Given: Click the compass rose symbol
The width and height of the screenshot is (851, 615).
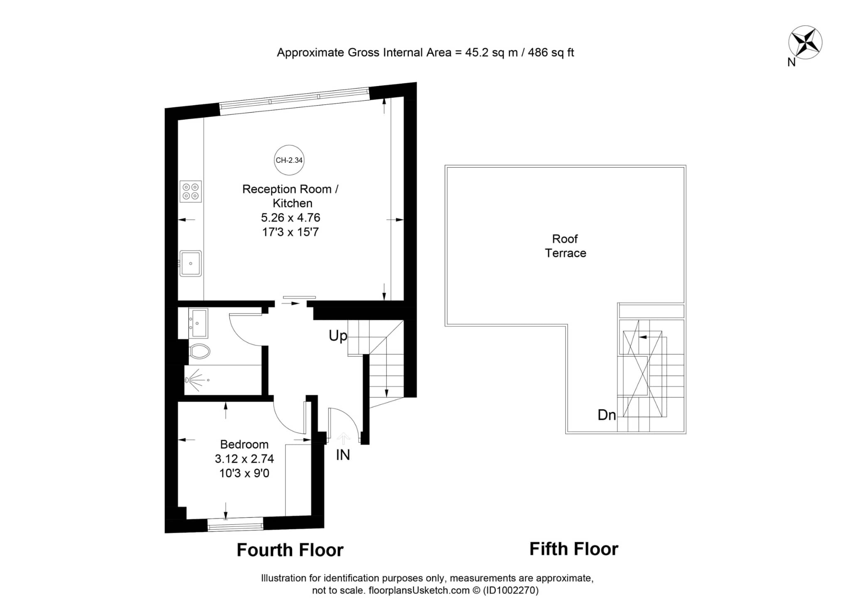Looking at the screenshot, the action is (805, 42).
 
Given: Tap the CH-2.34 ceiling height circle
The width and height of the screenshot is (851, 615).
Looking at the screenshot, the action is (289, 160).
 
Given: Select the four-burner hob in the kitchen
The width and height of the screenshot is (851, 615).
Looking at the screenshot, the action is (191, 191).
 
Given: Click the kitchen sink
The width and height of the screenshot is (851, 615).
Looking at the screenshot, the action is (191, 263).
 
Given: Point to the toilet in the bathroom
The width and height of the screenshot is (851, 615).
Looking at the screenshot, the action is (199, 351).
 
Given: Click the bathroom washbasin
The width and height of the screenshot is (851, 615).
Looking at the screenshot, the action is (199, 323).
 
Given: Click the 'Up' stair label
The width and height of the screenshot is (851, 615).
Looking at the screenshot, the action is (338, 336).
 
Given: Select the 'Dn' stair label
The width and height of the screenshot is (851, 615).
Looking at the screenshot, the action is (607, 415).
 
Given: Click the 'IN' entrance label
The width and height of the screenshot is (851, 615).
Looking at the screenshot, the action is (343, 455).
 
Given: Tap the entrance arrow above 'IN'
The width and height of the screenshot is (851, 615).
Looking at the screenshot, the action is (343, 439).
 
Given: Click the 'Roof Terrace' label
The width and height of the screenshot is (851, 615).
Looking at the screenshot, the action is (566, 246).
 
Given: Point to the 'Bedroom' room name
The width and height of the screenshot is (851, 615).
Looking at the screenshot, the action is (244, 444).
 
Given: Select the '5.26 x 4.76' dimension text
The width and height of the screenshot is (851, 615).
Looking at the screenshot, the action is (290, 218).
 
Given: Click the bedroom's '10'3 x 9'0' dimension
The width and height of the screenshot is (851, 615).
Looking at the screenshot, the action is (244, 473).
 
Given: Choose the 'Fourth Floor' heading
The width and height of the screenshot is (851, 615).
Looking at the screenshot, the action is (290, 550).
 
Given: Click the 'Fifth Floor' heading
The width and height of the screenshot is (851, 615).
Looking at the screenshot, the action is (574, 549).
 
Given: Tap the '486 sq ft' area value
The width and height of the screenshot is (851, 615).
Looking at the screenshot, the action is (551, 53).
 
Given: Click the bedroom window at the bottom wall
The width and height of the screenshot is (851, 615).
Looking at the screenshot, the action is (235, 525).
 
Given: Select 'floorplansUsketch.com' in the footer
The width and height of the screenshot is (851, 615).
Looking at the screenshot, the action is (419, 590).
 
